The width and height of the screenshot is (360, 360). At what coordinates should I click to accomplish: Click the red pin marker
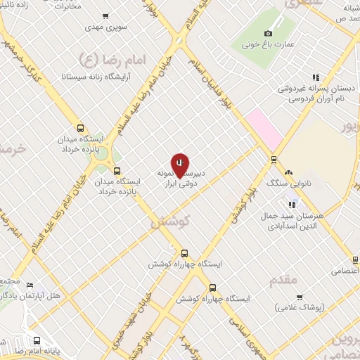(181, 165)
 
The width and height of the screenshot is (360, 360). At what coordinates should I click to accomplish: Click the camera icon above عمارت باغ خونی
(268, 33)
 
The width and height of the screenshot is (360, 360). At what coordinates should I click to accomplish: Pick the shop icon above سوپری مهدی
(105, 16)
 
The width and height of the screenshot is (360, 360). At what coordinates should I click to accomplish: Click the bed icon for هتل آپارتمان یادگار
(30, 285)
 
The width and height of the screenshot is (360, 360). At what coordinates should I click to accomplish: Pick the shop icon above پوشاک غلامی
(300, 297)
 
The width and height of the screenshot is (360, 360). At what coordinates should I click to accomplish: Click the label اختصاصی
(345, 270)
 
